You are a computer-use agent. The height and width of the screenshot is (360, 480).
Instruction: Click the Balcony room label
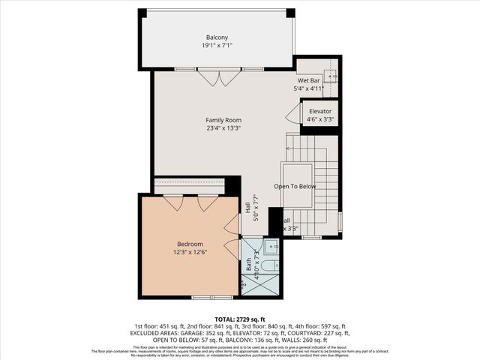(217, 37)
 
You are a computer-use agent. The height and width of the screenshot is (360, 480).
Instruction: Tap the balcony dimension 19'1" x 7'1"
(217, 46)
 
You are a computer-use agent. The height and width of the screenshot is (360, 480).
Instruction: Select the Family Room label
(223, 119)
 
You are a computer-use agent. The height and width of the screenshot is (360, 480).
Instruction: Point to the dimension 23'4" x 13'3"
(223, 127)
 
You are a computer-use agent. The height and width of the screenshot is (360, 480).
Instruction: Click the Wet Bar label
(309, 80)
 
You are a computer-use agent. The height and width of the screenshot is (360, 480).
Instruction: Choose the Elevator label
(320, 111)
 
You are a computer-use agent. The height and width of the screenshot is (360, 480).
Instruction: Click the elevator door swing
(293, 114)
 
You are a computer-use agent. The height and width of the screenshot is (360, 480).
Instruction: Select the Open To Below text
(295, 186)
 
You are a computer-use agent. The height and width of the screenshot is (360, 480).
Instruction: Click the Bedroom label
(190, 244)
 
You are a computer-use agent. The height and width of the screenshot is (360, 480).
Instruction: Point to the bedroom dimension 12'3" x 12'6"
(190, 252)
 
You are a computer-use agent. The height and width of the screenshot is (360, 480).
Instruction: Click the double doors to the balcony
(219, 77)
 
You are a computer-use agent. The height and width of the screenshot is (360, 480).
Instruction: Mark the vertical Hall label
(248, 206)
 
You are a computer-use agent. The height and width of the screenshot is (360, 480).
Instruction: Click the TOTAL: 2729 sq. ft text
(240, 319)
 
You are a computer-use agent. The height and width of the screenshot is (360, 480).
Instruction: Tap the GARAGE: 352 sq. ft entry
(202, 333)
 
